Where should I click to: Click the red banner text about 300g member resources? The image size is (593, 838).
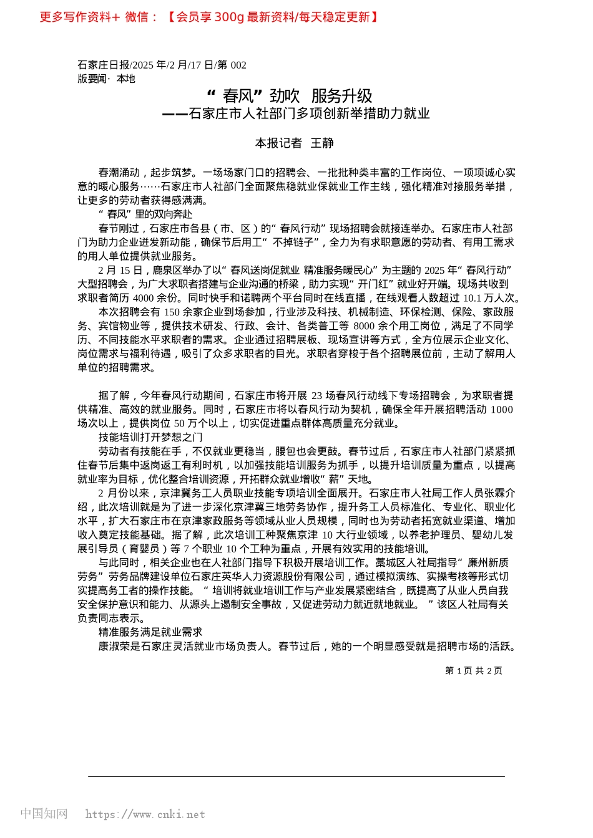(x=273, y=17)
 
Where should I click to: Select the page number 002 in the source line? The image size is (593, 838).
(x=238, y=65)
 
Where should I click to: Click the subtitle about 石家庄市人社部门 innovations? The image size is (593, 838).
(x=296, y=113)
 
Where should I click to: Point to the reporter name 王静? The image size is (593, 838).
(x=322, y=143)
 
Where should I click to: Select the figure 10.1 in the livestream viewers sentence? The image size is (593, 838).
(x=474, y=298)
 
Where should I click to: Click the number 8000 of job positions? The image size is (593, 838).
(x=364, y=325)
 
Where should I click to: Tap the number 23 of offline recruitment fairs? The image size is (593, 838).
(x=316, y=395)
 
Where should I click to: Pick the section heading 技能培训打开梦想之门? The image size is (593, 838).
(x=150, y=437)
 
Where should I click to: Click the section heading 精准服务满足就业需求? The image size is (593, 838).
(x=150, y=632)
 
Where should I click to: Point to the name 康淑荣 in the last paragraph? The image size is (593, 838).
(x=114, y=646)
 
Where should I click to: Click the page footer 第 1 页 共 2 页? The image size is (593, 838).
(x=473, y=671)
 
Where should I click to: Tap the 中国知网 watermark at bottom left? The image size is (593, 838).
(x=44, y=814)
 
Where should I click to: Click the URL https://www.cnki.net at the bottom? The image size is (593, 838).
(x=145, y=814)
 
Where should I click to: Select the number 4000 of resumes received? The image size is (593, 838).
(x=144, y=298)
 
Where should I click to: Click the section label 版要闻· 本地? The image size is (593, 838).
(x=106, y=79)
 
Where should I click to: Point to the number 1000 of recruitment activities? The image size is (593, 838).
(x=501, y=410)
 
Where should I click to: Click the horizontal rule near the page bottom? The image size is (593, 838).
(x=296, y=776)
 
